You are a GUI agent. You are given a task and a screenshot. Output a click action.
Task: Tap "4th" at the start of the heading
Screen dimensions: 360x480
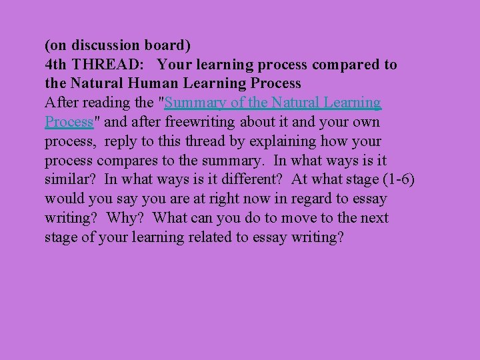pos(55,65)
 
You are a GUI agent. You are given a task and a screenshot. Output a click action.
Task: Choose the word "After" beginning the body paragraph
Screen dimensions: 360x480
pos(61,103)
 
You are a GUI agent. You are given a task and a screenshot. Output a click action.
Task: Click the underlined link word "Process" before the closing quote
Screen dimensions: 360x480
pos(68,123)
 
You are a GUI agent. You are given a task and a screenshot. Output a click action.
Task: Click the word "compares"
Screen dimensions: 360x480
pos(128,161)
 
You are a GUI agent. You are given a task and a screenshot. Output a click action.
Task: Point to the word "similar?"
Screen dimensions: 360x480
pos(71,180)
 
